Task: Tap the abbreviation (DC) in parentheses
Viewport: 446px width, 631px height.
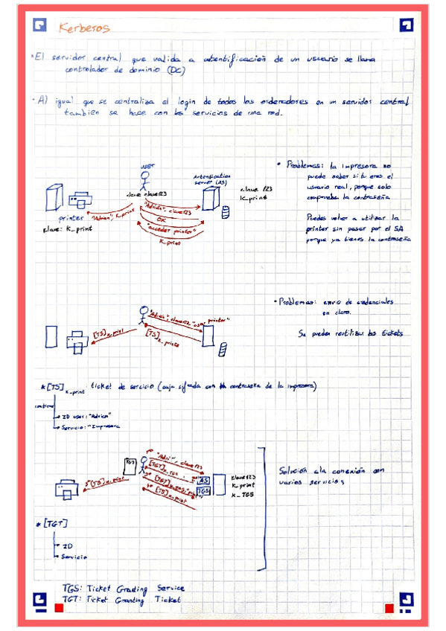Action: [x=176, y=71]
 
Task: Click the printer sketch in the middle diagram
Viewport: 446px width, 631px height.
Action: [x=76, y=339]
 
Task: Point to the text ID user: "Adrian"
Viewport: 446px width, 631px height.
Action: [x=86, y=416]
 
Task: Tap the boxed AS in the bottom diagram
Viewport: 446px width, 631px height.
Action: [x=203, y=481]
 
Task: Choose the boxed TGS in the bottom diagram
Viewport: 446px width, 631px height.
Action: [x=203, y=491]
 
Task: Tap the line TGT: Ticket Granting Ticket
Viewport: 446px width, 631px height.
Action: [x=121, y=599]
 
